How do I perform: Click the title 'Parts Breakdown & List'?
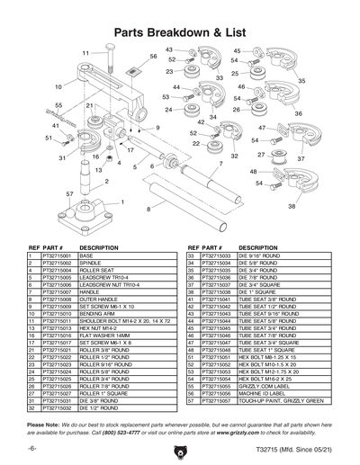point(179,31)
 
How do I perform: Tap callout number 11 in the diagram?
point(87,54)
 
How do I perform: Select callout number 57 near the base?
point(69,193)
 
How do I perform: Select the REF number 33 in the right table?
point(191,256)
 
